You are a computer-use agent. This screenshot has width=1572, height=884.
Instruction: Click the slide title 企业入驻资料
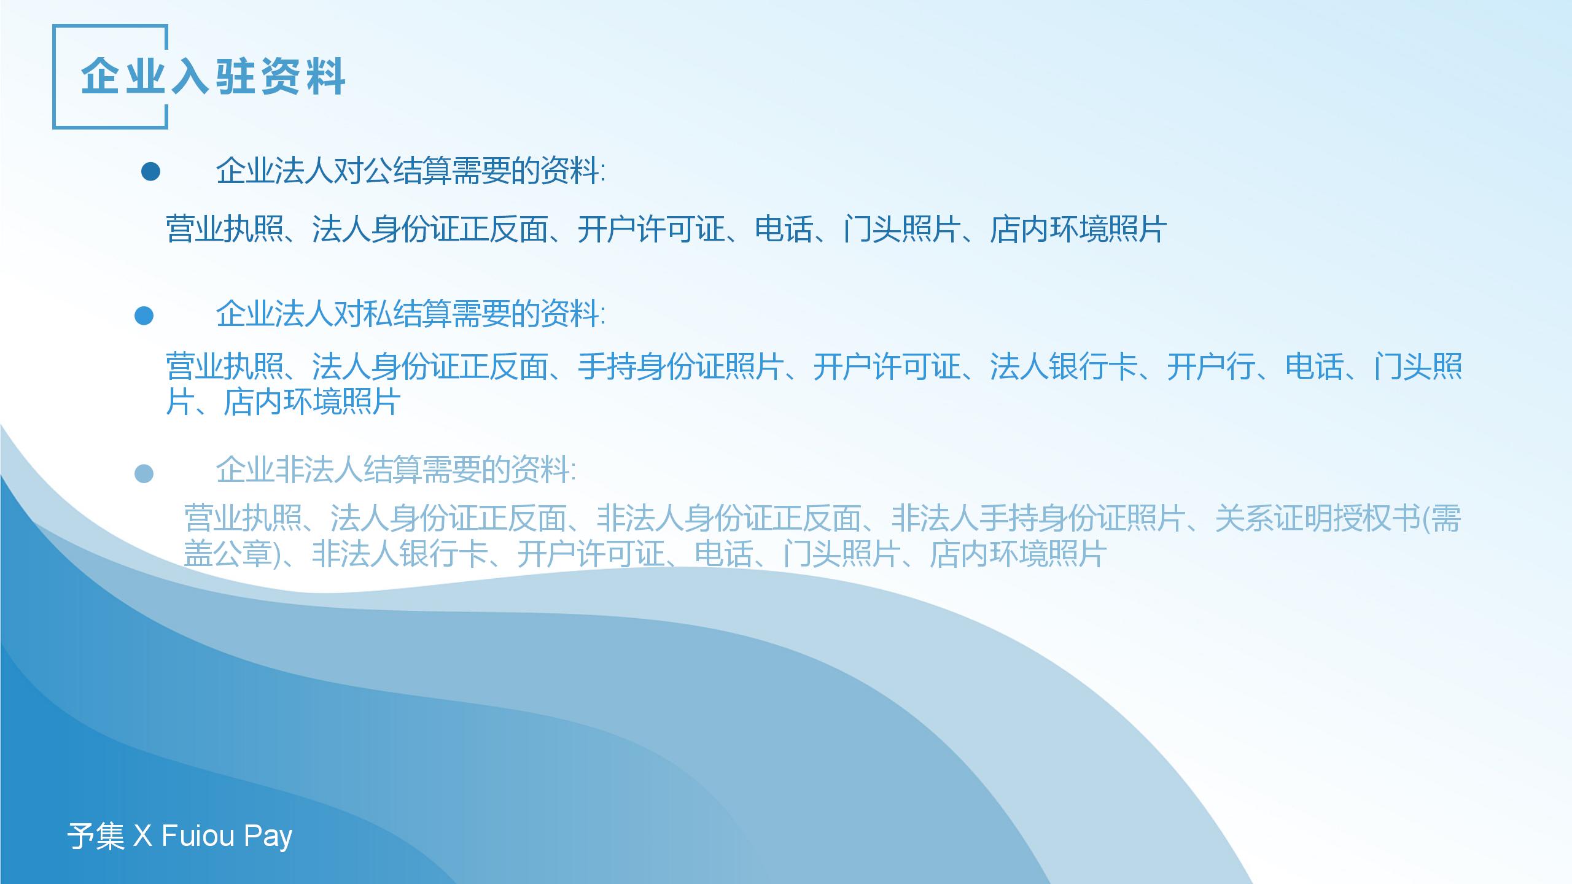212,77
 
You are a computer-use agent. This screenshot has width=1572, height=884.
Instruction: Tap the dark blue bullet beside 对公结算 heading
150,172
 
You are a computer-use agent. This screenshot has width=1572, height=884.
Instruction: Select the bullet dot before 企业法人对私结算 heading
144,316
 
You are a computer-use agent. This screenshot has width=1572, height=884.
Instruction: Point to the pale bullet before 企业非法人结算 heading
144,473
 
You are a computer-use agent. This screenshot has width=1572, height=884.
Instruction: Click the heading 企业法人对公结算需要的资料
410,171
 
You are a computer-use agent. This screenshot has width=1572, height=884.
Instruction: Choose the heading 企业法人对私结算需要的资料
410,314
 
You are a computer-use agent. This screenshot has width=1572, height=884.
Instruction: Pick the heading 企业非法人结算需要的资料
395,470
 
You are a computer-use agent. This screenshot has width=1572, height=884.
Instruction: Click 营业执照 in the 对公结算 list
225,230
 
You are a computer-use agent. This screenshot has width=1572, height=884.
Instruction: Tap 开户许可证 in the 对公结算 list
652,230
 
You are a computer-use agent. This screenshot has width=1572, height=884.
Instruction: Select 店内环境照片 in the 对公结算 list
1078,230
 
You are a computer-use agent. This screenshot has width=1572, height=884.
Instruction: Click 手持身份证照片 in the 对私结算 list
681,367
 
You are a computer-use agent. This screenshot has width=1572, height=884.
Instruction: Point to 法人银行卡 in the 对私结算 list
1064,367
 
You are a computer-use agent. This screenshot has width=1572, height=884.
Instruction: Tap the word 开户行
1211,367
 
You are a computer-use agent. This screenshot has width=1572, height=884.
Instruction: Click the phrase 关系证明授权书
1318,518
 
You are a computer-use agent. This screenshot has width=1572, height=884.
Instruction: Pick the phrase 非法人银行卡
400,554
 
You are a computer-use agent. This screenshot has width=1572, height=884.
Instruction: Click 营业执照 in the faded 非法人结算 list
243,518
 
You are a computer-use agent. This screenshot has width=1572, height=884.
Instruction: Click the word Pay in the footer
268,837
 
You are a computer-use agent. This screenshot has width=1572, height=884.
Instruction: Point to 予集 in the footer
96,836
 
